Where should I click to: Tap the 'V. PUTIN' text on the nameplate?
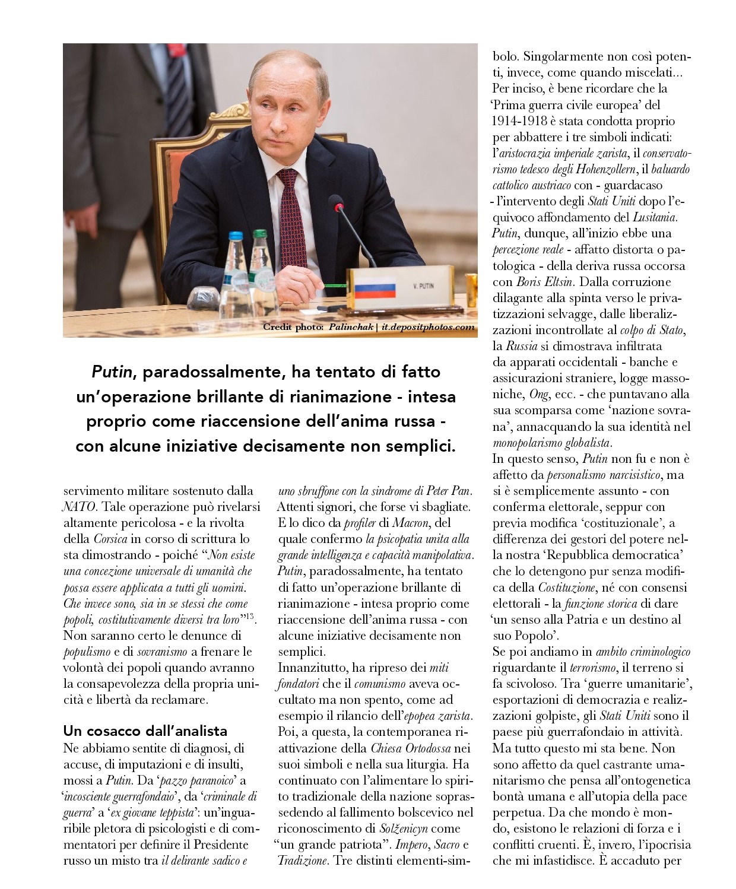(423, 286)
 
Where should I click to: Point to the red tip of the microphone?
(339, 207)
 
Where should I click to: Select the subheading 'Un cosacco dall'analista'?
(145, 731)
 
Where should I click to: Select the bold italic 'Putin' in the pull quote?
(112, 372)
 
